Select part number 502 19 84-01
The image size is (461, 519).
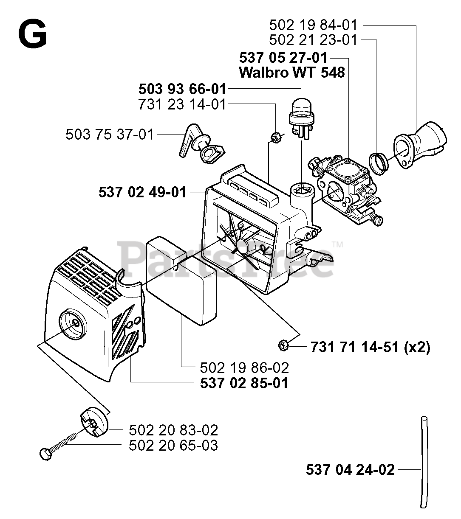[314, 25]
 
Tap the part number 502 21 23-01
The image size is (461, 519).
[314, 40]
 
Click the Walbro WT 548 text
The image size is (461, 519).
[292, 73]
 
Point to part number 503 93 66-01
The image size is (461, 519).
[182, 90]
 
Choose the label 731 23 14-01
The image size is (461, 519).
[182, 104]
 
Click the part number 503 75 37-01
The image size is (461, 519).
[109, 135]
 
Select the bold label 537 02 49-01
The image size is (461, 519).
[142, 192]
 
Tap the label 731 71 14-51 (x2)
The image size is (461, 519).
[370, 348]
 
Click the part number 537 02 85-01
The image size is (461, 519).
[244, 383]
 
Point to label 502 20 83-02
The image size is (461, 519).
[173, 430]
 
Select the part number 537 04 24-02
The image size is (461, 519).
[350, 470]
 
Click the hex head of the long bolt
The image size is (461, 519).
[45, 453]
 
